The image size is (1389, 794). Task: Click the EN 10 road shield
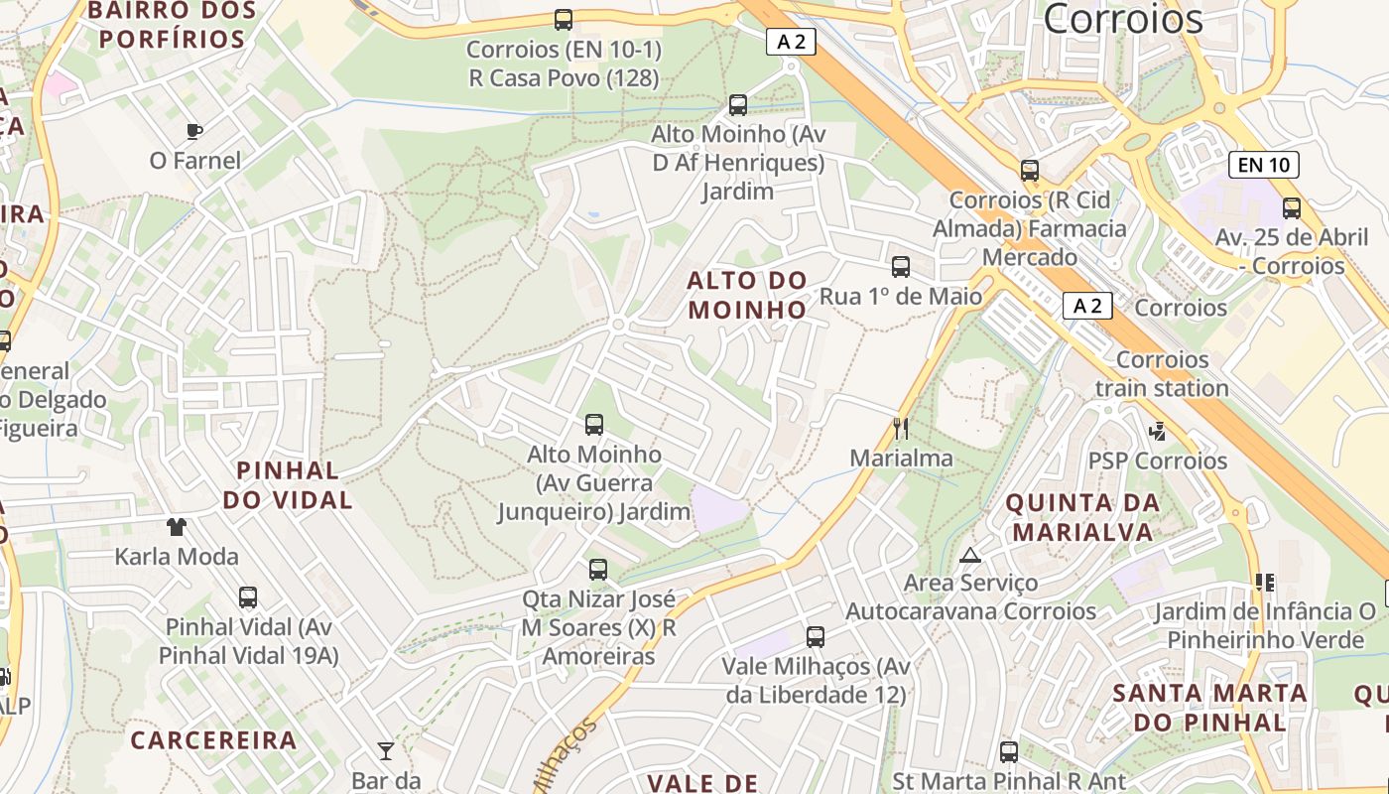(x=1263, y=165)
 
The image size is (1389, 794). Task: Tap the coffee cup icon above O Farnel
(x=194, y=131)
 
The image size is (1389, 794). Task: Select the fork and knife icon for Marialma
(x=900, y=429)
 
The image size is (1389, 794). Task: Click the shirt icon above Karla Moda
(x=177, y=526)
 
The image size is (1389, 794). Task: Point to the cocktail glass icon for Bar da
(x=386, y=750)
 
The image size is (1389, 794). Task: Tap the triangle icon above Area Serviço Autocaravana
(x=970, y=555)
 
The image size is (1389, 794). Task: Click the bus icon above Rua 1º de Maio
(x=901, y=267)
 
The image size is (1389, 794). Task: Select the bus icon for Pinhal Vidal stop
(x=248, y=597)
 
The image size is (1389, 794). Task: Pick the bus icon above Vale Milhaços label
(x=816, y=637)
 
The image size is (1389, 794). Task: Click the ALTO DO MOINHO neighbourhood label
(x=747, y=295)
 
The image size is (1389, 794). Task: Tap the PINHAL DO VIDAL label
(x=288, y=484)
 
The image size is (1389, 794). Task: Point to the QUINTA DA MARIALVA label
(x=1082, y=517)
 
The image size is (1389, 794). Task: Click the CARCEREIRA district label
(x=213, y=740)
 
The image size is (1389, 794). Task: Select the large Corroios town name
(x=1123, y=19)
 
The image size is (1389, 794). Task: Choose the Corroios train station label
(x=1162, y=373)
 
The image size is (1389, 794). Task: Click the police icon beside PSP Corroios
(x=1157, y=432)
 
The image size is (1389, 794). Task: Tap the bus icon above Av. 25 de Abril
(x=1292, y=208)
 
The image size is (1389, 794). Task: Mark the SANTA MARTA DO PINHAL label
(x=1209, y=707)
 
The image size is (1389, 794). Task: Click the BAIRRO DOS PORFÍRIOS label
(x=173, y=26)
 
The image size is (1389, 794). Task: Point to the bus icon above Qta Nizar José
(x=597, y=570)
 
